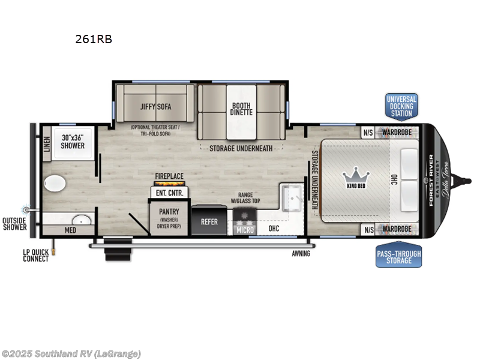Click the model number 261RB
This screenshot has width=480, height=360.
pyautogui.click(x=94, y=40)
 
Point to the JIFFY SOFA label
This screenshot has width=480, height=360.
pyautogui.click(x=156, y=107)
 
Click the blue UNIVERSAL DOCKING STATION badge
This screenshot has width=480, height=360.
pyautogui.click(x=401, y=106)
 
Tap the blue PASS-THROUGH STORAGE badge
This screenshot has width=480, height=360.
pyautogui.click(x=398, y=257)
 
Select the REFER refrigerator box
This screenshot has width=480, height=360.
pyautogui.click(x=209, y=221)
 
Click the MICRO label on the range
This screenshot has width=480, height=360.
pyautogui.click(x=245, y=229)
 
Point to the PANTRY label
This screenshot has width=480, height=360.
pyautogui.click(x=169, y=212)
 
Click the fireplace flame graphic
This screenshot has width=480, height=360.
pyautogui.click(x=170, y=183)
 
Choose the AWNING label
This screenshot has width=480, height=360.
pyautogui.click(x=301, y=254)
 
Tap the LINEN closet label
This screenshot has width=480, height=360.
pyautogui.click(x=46, y=143)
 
